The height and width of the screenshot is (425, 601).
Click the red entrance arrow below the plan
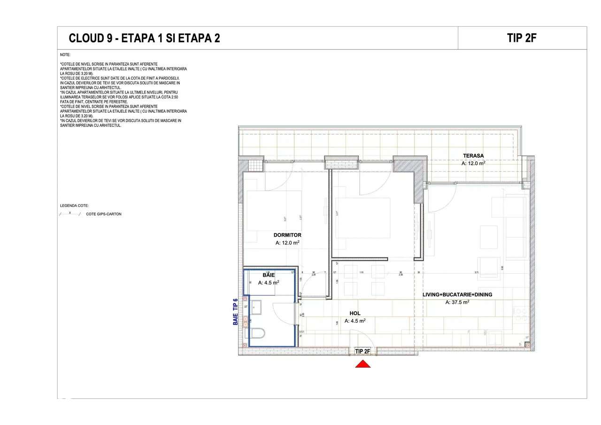(362, 363)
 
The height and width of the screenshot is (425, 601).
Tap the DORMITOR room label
(287, 235)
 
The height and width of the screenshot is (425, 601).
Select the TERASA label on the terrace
(473, 155)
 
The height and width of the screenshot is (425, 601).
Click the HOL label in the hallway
(355, 313)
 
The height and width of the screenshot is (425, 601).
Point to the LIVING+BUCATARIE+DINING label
(457, 294)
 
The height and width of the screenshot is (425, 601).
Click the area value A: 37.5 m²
(457, 302)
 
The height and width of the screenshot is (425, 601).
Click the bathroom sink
(257, 308)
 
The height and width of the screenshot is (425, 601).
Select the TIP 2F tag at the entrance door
(363, 351)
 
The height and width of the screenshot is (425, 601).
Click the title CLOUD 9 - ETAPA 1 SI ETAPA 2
(144, 39)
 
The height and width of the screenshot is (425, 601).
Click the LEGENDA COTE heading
(74, 206)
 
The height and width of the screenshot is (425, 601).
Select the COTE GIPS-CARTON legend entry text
(104, 214)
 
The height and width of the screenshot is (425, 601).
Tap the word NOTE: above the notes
(65, 55)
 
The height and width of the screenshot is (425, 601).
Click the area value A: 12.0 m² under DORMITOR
(287, 243)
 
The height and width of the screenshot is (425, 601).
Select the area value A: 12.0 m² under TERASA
(473, 163)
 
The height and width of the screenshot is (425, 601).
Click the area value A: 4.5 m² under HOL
(355, 321)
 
